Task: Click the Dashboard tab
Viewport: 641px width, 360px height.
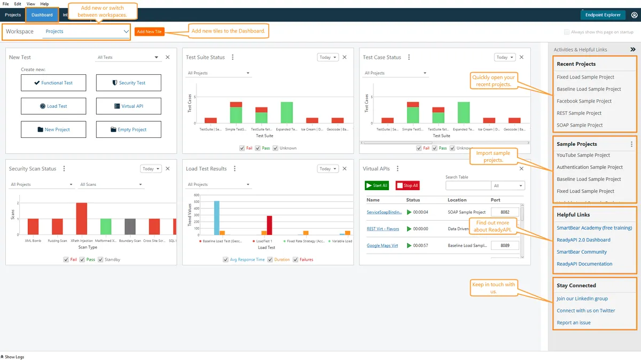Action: tap(42, 15)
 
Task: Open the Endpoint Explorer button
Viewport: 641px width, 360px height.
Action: tap(603, 15)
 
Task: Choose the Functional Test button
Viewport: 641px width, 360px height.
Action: tap(53, 83)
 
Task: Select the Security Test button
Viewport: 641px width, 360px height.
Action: tap(128, 83)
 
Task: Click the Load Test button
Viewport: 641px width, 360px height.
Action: tap(53, 106)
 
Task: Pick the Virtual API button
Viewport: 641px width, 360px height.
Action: tap(128, 106)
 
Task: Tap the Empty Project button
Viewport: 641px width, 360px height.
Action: tap(128, 130)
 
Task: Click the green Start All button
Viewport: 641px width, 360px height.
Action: tap(377, 185)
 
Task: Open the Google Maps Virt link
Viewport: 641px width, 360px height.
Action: tap(382, 246)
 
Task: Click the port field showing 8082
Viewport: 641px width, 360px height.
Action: tap(505, 212)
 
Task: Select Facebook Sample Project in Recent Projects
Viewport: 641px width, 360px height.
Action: tap(584, 101)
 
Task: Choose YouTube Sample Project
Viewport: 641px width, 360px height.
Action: tap(583, 155)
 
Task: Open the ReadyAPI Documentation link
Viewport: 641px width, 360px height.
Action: tap(584, 264)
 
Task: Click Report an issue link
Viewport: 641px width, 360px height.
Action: tap(574, 323)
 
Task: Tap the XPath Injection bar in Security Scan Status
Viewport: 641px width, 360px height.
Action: tap(81, 218)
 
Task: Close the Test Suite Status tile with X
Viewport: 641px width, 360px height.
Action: tap(345, 57)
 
